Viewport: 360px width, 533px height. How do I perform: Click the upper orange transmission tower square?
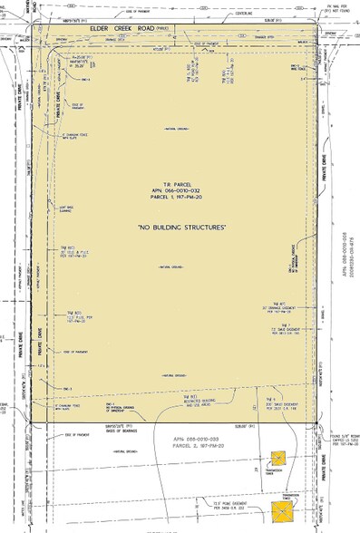coord(279,460)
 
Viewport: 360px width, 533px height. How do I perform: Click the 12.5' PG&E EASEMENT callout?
coord(211,490)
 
